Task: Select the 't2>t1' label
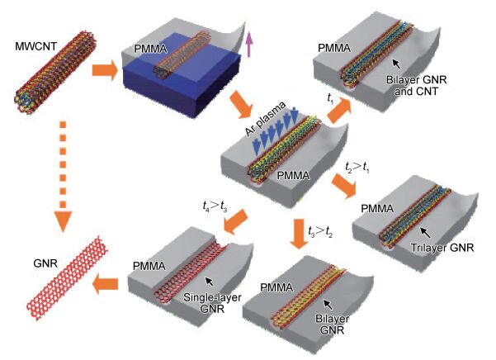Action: tap(359, 168)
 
